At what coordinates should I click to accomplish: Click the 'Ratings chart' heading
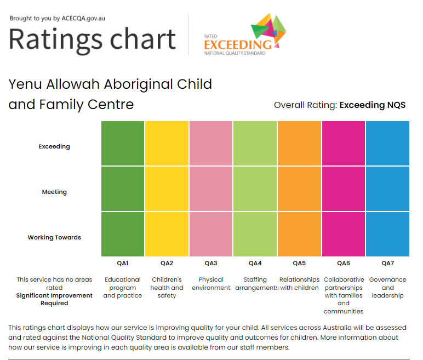pyautogui.click(x=92, y=39)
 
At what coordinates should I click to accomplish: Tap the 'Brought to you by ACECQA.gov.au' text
pyautogui.click(x=58, y=18)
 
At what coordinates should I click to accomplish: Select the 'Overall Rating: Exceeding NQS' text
pyautogui.click(x=339, y=105)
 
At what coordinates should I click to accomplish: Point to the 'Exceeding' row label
pyautogui.click(x=54, y=146)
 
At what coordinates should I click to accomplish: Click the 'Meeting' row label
pyautogui.click(x=54, y=192)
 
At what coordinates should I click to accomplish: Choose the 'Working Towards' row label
pyautogui.click(x=54, y=237)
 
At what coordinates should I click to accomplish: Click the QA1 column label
pyautogui.click(x=123, y=263)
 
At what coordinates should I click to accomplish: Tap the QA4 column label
pyautogui.click(x=255, y=263)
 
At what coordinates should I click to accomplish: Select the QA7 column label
pyautogui.click(x=387, y=263)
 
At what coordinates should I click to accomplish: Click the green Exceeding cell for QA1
pyautogui.click(x=123, y=143)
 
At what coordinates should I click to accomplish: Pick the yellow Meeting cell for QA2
pyautogui.click(x=167, y=188)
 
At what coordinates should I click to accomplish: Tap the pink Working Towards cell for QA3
pyautogui.click(x=211, y=234)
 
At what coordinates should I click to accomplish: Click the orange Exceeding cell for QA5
pyautogui.click(x=299, y=143)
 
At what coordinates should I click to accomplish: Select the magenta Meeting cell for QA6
pyautogui.click(x=344, y=188)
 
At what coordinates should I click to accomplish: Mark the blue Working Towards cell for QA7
pyautogui.click(x=387, y=234)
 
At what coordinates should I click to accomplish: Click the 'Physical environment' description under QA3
pyautogui.click(x=211, y=283)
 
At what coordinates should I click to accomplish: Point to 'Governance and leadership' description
pyautogui.click(x=387, y=287)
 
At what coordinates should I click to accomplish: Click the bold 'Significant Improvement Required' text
pyautogui.click(x=54, y=299)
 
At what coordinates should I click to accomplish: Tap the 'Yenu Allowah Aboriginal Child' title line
pyautogui.click(x=110, y=84)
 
